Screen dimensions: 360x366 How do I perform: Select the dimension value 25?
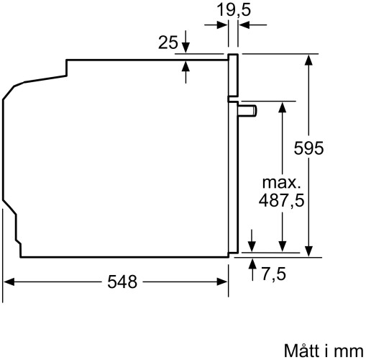(168, 42)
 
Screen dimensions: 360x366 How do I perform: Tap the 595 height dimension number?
(310, 148)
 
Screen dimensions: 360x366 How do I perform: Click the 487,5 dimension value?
(281, 202)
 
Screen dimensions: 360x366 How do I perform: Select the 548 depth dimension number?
(117, 282)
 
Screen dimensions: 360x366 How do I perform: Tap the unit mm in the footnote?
(348, 351)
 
